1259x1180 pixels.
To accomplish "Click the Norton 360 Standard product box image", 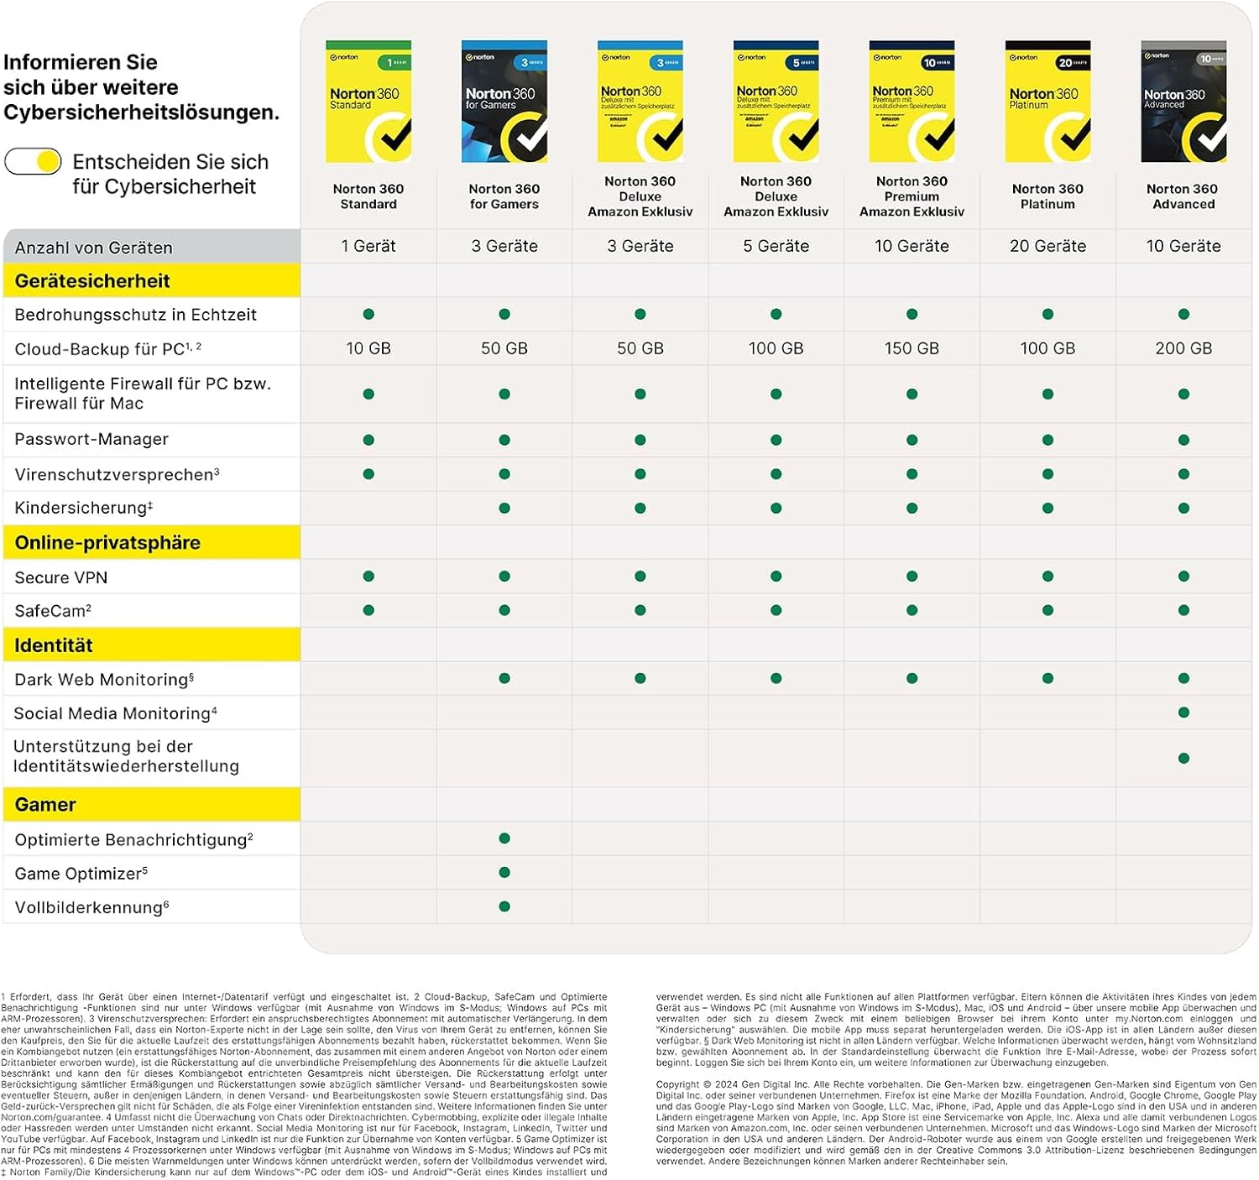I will click(368, 102).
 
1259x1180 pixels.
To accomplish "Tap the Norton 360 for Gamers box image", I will click(504, 102).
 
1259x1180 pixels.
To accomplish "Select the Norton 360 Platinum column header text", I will click(1047, 196).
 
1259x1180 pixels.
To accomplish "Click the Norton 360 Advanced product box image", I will click(1183, 102).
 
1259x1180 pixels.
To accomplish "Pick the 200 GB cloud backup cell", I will click(1183, 348).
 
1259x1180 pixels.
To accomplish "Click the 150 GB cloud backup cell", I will click(912, 348).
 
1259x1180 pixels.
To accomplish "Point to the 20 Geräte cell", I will click(1047, 246).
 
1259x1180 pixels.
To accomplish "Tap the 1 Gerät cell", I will click(368, 246).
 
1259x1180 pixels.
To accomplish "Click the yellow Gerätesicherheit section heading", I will click(92, 281).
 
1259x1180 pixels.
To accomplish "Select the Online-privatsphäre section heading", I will click(107, 543).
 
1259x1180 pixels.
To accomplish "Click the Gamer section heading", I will click(45, 805).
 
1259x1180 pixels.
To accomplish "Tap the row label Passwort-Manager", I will click(91, 440).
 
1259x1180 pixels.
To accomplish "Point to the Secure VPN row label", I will click(61, 577).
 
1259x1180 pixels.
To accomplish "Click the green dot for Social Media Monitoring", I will click(1183, 713).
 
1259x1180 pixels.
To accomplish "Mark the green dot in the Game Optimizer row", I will click(504, 873).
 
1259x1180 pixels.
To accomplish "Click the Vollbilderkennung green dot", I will click(504, 906).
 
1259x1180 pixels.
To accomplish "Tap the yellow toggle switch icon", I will click(34, 161).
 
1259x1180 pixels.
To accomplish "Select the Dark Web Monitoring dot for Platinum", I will click(1047, 678).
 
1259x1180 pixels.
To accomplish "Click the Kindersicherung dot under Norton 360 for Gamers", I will click(504, 508).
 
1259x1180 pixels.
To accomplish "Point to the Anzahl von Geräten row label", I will click(94, 248).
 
